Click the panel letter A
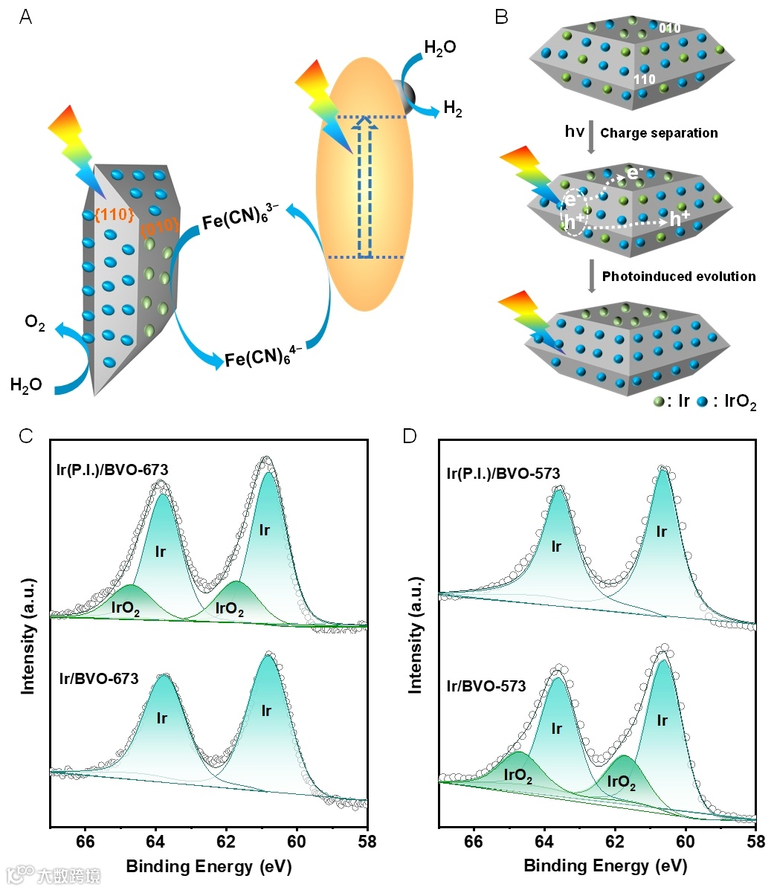point(25,17)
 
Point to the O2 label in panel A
point(35,325)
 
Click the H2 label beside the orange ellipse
point(453,109)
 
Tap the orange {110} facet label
point(114,215)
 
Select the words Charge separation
point(659,133)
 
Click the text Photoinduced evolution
point(678,277)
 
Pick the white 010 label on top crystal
point(669,28)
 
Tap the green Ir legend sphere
point(658,402)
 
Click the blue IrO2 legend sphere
point(701,402)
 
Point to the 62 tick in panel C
point(226,842)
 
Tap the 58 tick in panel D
point(755,842)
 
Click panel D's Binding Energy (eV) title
point(605,866)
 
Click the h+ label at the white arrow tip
point(680,219)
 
